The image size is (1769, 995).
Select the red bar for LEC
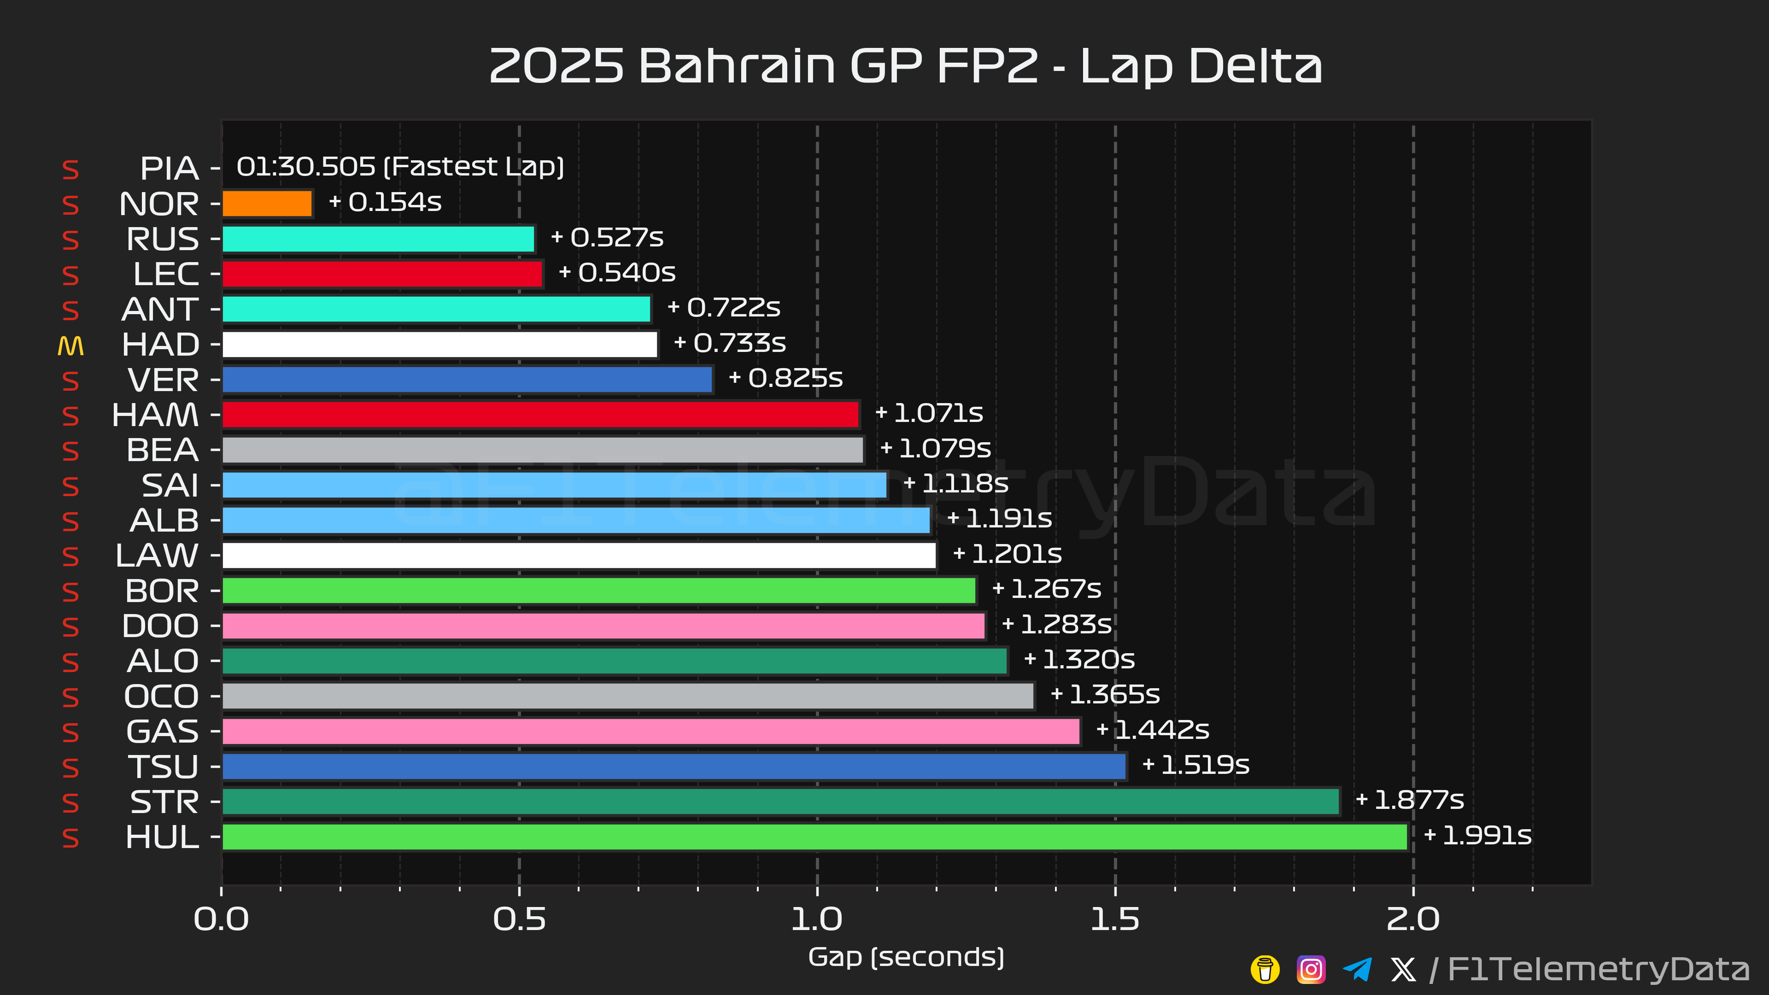click(382, 274)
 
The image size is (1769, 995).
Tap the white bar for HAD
click(439, 345)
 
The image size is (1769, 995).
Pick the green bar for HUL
click(814, 837)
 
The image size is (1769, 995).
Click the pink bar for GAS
click(651, 732)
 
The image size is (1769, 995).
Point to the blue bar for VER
click(467, 380)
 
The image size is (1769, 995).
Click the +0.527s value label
click(607, 238)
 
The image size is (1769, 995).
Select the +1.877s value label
click(1410, 800)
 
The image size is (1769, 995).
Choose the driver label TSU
click(164, 767)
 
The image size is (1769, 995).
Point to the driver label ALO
click(163, 661)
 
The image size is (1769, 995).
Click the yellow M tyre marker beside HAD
click(71, 345)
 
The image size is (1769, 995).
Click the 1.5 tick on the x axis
click(1114, 919)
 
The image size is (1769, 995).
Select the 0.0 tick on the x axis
click(221, 919)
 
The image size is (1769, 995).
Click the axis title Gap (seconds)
click(906, 957)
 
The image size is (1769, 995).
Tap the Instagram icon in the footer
click(1310, 970)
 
